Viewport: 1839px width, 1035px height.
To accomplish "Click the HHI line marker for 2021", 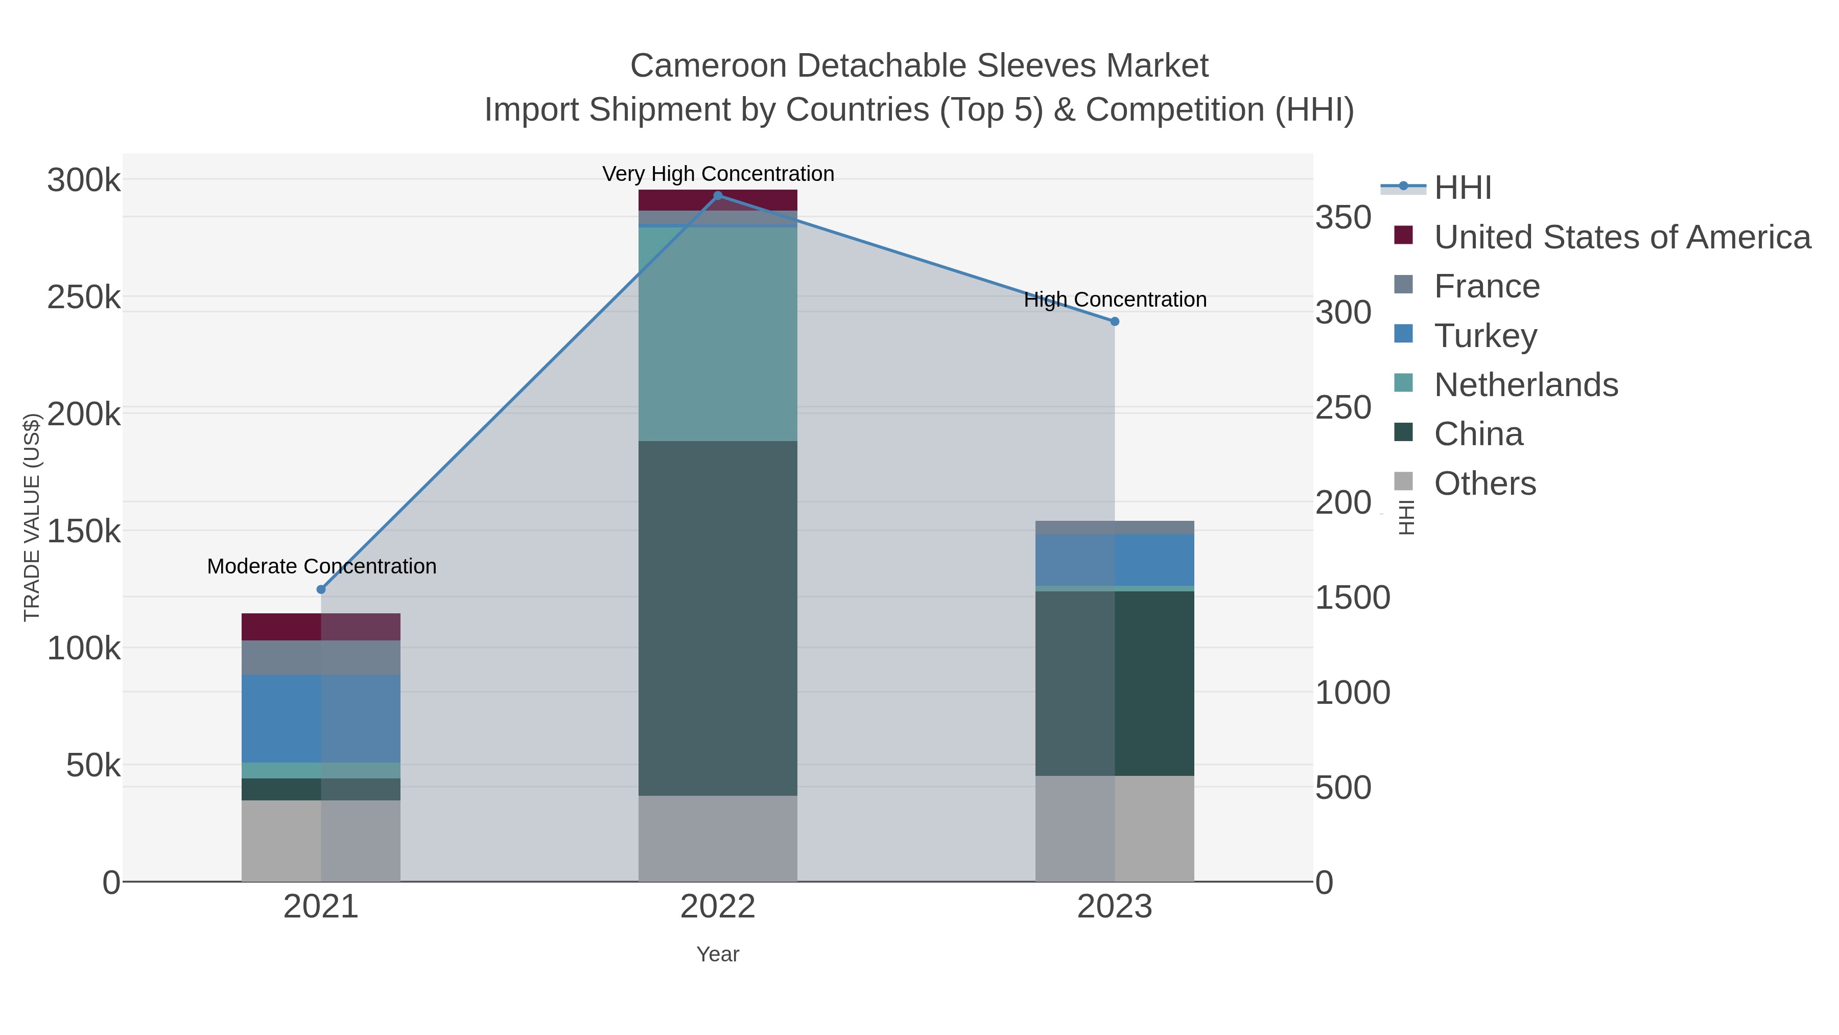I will click(x=321, y=589).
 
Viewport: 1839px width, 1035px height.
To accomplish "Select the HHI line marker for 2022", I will click(x=718, y=196).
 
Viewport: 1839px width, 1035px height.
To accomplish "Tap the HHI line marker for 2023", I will click(x=1115, y=321).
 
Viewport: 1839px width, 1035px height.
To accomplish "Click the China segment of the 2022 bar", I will click(x=718, y=618).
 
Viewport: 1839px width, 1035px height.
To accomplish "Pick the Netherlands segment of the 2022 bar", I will click(x=718, y=334).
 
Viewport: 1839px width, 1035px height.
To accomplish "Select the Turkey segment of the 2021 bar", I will click(x=321, y=718).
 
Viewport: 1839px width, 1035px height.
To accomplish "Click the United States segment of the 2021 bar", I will click(x=321, y=627).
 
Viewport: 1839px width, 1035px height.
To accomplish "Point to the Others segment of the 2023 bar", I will click(x=1115, y=829).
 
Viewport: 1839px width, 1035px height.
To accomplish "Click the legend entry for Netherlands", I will click(x=1525, y=385).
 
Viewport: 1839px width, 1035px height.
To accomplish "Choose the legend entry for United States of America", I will click(x=1622, y=237).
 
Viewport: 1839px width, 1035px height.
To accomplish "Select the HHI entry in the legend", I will click(x=1463, y=188).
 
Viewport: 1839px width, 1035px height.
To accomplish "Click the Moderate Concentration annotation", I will click(x=322, y=566).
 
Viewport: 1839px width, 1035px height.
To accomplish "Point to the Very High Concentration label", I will click(x=718, y=174).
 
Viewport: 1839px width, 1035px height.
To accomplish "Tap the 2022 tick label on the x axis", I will click(x=718, y=907).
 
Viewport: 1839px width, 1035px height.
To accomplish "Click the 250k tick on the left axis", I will click(x=84, y=297).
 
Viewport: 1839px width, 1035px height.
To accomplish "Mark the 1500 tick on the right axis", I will click(x=1352, y=598).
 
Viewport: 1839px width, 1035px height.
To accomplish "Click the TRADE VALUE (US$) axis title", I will click(x=32, y=517).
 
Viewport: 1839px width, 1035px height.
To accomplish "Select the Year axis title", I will click(x=718, y=954).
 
